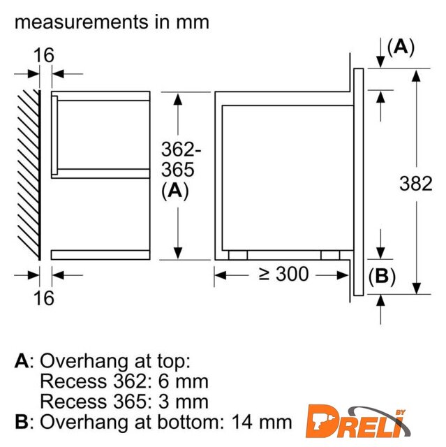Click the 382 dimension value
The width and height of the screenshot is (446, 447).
click(416, 184)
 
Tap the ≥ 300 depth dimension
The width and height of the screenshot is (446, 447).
click(283, 274)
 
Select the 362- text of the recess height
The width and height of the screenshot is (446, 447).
click(181, 149)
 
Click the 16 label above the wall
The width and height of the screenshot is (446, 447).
click(43, 55)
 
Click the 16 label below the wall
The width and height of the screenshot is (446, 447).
click(43, 298)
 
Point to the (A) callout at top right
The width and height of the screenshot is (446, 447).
click(401, 47)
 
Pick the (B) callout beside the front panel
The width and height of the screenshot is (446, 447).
click(382, 277)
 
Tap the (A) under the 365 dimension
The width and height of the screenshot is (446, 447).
click(175, 191)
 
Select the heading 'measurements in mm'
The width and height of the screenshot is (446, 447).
click(112, 22)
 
